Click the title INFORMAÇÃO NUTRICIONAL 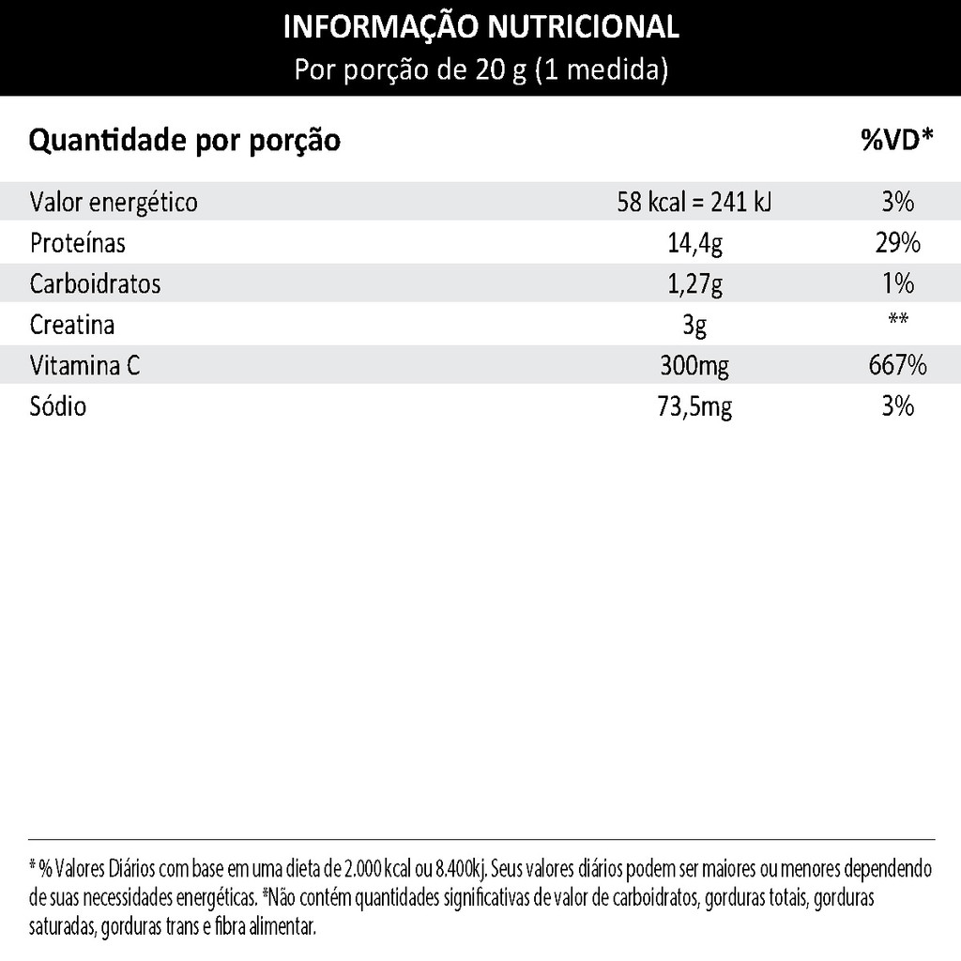tap(480, 27)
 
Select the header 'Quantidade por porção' tap(185, 142)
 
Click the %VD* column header tap(897, 141)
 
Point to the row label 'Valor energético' tap(114, 202)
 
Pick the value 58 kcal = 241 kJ tap(694, 202)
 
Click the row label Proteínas tap(78, 243)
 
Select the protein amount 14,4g tap(694, 243)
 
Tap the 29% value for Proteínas tap(897, 243)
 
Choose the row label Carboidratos tap(95, 283)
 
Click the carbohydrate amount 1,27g tap(694, 283)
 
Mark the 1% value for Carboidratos tap(897, 283)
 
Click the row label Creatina tap(72, 325)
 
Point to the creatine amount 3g tap(694, 325)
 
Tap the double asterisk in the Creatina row tap(897, 320)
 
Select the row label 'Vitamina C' tap(85, 365)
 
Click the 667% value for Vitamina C tap(897, 365)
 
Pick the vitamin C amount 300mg tap(694, 365)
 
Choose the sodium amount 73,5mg tap(694, 406)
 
